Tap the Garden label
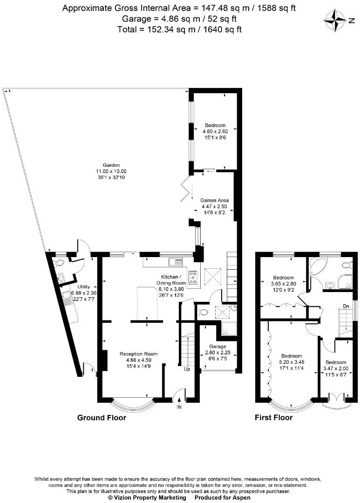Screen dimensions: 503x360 click(111, 165)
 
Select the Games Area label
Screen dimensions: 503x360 click(215, 200)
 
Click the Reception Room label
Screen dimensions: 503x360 click(138, 354)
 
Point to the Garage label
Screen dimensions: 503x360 click(217, 347)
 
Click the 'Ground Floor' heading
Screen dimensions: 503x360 click(102, 418)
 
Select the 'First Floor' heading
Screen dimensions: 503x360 click(273, 418)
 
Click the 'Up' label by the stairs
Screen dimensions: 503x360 click(186, 369)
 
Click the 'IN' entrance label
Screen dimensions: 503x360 click(179, 407)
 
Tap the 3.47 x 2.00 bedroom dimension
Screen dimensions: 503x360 click(336, 368)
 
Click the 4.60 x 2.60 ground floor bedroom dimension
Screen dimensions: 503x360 click(215, 131)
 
